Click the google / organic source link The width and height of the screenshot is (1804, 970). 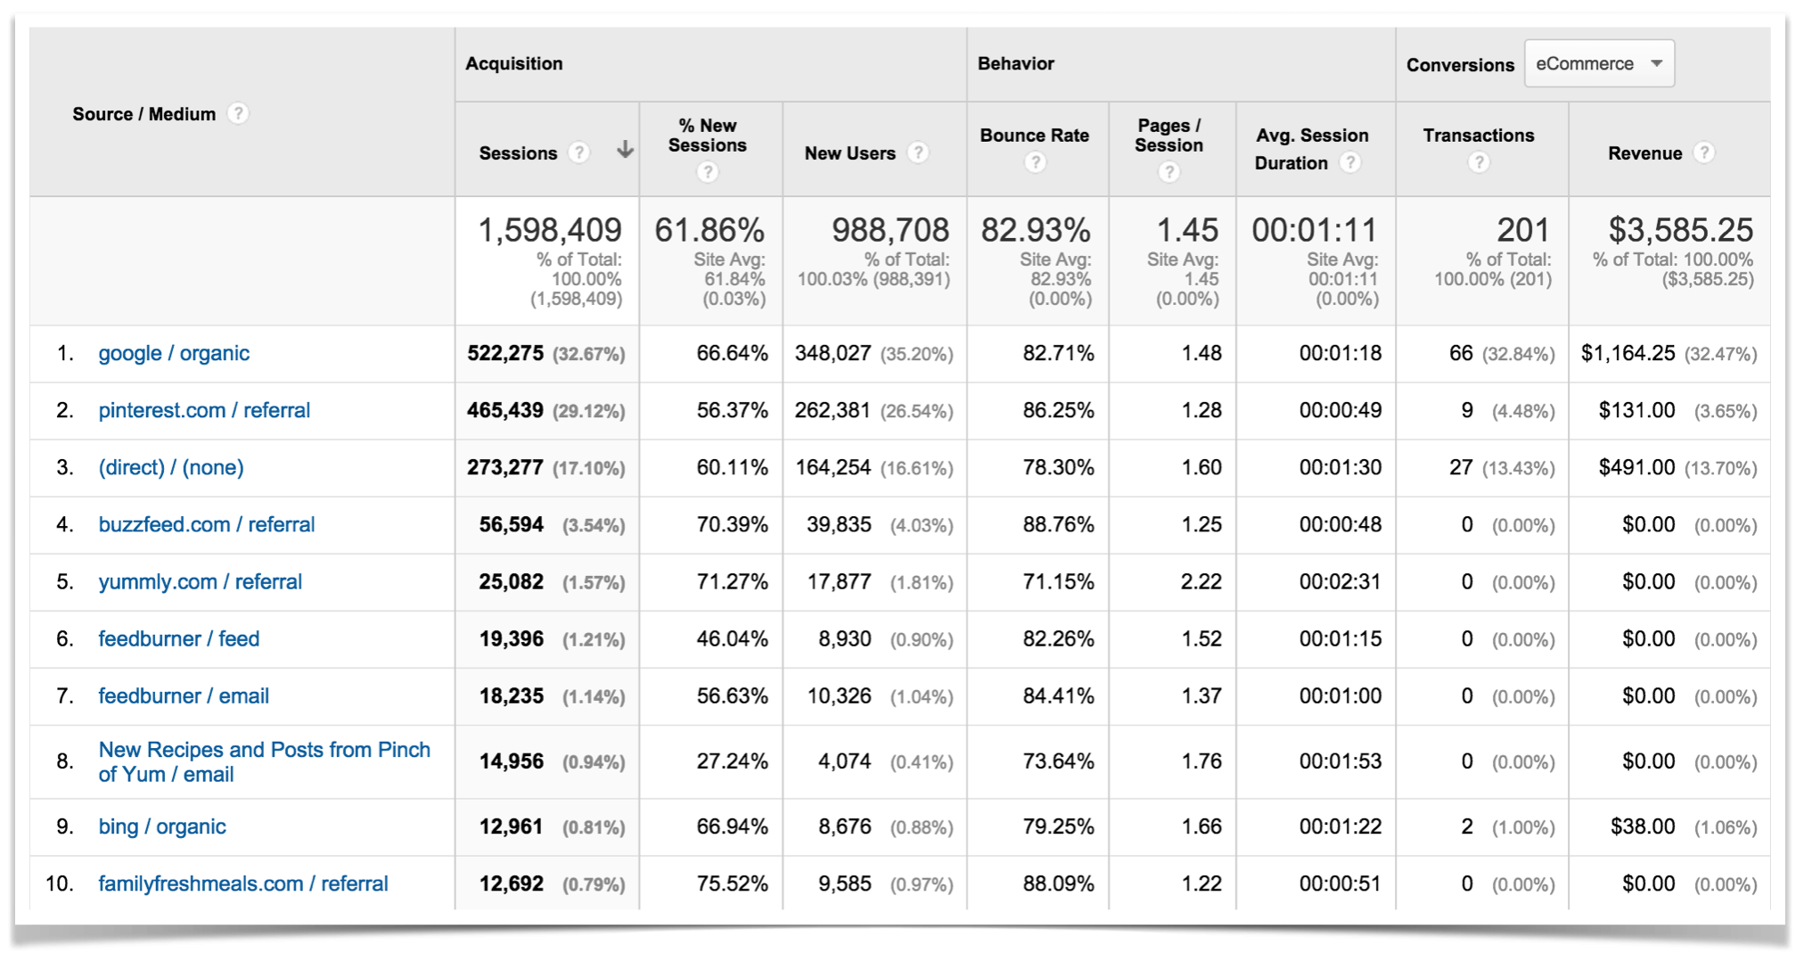pyautogui.click(x=174, y=353)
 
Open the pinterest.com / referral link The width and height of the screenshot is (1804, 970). pyautogui.click(x=204, y=410)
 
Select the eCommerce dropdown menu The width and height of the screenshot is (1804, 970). pyautogui.click(x=1599, y=64)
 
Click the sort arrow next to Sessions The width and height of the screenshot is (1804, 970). pyautogui.click(x=625, y=150)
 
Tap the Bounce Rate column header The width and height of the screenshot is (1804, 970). pyautogui.click(x=1034, y=136)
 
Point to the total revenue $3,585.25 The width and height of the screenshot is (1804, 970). pyautogui.click(x=1680, y=230)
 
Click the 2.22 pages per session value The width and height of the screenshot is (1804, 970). pyautogui.click(x=1201, y=582)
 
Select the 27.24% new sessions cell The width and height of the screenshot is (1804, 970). pyautogui.click(x=732, y=761)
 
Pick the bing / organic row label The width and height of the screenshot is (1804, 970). pyautogui.click(x=162, y=826)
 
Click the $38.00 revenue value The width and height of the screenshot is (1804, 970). pyautogui.click(x=1643, y=826)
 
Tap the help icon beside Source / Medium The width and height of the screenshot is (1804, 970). pyautogui.click(x=238, y=113)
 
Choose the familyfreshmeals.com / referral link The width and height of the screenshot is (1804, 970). pyautogui.click(x=243, y=884)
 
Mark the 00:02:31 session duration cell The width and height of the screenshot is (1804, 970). pyautogui.click(x=1340, y=582)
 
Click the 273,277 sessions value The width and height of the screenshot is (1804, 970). pyautogui.click(x=504, y=467)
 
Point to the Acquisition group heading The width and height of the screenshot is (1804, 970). pyautogui.click(x=513, y=63)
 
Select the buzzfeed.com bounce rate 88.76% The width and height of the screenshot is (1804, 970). pyautogui.click(x=1058, y=524)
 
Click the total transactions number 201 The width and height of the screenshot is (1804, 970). pyautogui.click(x=1522, y=230)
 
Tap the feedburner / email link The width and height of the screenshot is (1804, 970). pyautogui.click(x=184, y=695)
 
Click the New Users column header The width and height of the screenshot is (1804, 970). pyautogui.click(x=849, y=153)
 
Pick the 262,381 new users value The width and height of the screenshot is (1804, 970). pyautogui.click(x=832, y=410)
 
